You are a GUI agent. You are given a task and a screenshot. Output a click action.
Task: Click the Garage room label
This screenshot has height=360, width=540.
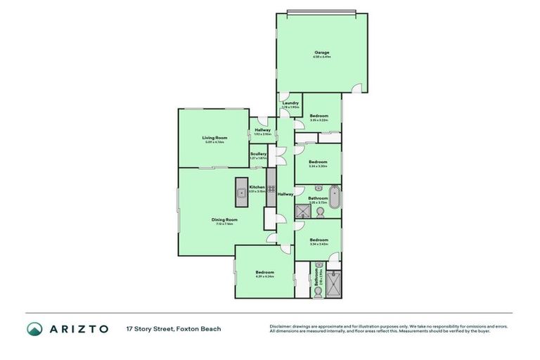point(321,52)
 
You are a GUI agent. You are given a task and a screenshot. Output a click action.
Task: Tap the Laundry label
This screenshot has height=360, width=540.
point(290,103)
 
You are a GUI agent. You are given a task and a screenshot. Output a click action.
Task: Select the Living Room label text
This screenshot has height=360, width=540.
point(214,138)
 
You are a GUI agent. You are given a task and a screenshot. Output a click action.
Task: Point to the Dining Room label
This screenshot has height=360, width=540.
point(224,219)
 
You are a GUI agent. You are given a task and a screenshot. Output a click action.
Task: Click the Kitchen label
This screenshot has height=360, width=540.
point(257,187)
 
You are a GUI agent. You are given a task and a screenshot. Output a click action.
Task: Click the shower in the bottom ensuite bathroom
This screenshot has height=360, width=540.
point(333,285)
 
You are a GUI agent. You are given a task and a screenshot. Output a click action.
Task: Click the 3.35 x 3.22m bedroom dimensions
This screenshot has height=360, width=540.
point(319,120)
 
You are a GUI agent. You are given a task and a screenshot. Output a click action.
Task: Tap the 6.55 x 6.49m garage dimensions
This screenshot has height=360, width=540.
point(321,57)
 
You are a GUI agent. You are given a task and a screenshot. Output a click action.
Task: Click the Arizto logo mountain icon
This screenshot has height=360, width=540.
point(35,329)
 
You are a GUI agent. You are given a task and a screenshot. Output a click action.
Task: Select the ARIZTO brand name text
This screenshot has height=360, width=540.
point(79,329)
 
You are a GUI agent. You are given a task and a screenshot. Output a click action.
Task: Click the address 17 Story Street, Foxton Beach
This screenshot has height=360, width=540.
point(174,329)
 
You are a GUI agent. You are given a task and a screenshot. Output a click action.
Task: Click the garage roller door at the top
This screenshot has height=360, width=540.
point(322,12)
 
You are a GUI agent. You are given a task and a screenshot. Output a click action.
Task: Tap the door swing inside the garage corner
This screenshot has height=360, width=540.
point(359,88)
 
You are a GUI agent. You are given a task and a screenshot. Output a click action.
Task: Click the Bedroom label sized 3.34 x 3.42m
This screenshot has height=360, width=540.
point(319,240)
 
